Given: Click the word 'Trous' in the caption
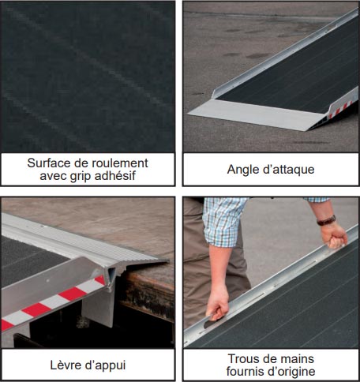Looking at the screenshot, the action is [244, 359].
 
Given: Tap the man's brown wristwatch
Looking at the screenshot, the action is [326, 220].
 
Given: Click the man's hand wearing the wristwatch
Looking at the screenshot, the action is [334, 235].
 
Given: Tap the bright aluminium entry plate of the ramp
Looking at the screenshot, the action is [258, 114].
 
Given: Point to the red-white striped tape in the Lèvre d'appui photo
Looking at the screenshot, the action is [53, 302].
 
